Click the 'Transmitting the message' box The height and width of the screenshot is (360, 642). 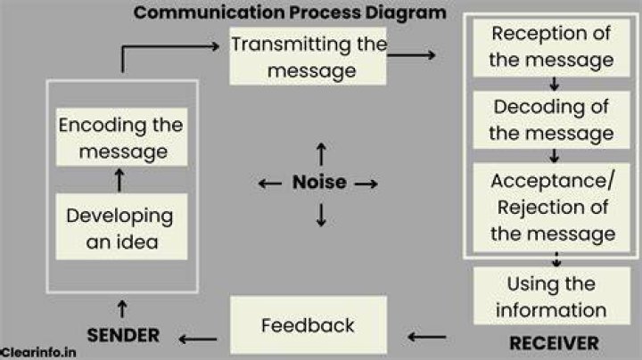(x=308, y=56)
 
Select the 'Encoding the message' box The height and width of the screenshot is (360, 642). (x=121, y=137)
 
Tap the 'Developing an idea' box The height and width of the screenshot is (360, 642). (x=121, y=226)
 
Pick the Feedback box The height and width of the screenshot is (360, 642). (x=309, y=325)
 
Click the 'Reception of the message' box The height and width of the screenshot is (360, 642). (x=552, y=47)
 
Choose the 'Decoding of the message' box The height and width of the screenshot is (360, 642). (x=552, y=120)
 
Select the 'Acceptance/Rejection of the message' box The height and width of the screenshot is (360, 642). (x=552, y=208)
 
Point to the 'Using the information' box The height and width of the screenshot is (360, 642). (x=552, y=296)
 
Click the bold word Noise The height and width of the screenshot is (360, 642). (x=320, y=182)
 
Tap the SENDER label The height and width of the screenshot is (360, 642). (x=123, y=335)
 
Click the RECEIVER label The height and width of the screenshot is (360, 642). (x=554, y=343)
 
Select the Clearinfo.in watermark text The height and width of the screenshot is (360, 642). (x=38, y=352)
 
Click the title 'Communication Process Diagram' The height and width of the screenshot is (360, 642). (x=290, y=12)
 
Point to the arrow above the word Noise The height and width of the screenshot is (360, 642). (x=321, y=154)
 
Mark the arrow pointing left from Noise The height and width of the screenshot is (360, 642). (x=270, y=184)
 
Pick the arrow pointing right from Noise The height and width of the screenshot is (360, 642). (x=366, y=184)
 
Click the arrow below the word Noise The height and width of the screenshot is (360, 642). (x=321, y=215)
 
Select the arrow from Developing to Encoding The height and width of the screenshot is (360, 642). (x=119, y=180)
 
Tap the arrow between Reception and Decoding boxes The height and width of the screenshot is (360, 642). (x=555, y=84)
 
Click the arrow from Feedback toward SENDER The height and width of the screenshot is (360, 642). (x=198, y=339)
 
